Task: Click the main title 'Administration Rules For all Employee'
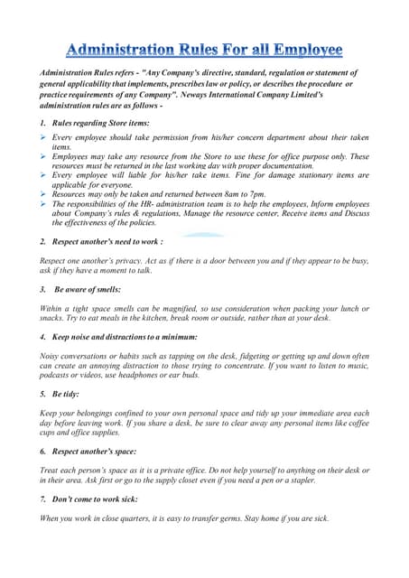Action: pyautogui.click(x=204, y=48)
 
